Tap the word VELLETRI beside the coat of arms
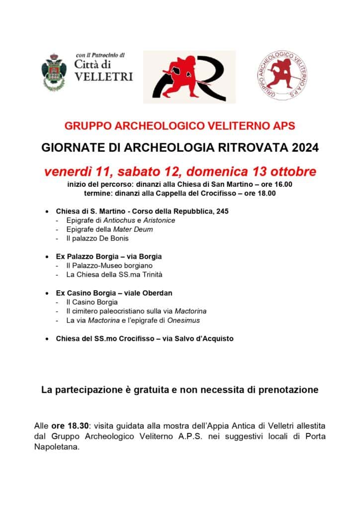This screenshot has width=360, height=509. (x=103, y=77)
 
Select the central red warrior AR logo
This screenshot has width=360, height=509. (x=189, y=77)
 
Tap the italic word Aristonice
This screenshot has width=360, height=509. (x=158, y=220)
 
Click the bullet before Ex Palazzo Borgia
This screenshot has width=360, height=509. (x=46, y=256)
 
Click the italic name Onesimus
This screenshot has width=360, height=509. (x=183, y=320)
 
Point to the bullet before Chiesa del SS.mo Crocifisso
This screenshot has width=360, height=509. (x=46, y=339)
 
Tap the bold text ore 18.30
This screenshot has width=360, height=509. (x=70, y=426)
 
